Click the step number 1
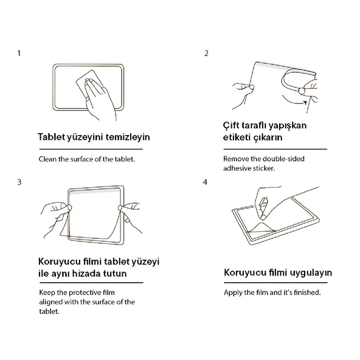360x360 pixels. (19, 54)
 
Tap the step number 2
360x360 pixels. (206, 54)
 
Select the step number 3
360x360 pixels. (19, 182)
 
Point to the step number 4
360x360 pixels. (205, 182)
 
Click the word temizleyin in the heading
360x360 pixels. (128, 137)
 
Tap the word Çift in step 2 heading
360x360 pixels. (230, 126)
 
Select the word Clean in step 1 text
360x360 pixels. (47, 159)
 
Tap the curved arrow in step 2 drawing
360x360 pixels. (295, 101)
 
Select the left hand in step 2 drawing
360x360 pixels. (243, 95)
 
